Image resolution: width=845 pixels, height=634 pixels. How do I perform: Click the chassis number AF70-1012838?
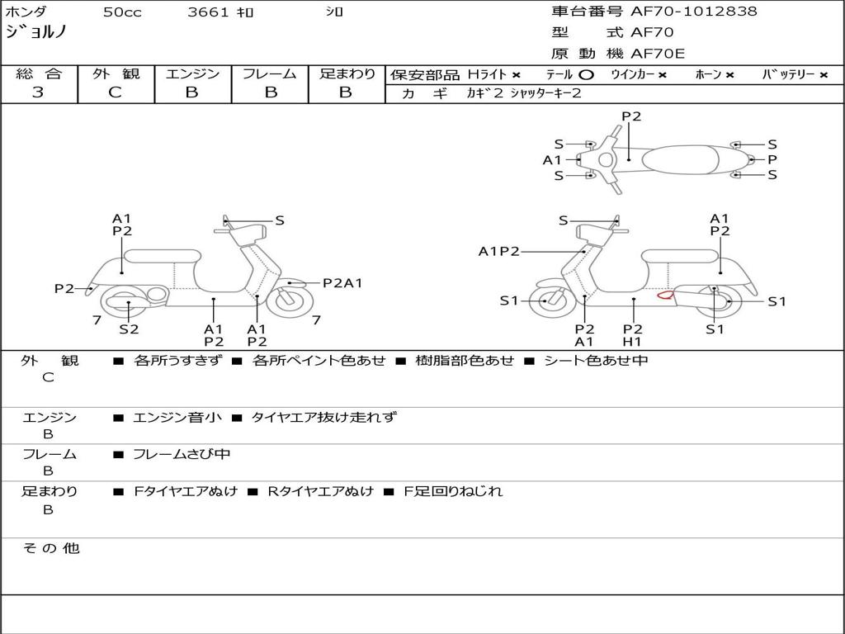coord(693,12)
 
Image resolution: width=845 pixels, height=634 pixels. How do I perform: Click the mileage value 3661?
coord(210,12)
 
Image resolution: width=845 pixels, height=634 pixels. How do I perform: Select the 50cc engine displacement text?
coord(120,12)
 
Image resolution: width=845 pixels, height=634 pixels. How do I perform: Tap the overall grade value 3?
coord(38,92)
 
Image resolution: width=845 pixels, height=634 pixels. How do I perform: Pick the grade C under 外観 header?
coord(116,92)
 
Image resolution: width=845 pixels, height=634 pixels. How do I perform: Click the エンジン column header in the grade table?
coord(192,73)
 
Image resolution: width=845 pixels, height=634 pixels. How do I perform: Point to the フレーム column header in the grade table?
coord(270,73)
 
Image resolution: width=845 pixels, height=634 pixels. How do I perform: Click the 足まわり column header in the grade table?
coord(347,73)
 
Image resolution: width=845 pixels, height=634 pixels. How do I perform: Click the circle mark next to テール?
coord(586,74)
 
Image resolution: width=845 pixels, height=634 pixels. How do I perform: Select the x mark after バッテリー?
coord(824,74)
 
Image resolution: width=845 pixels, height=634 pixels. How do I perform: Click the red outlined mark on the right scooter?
coord(664,294)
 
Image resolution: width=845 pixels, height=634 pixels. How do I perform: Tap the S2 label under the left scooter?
coord(129,329)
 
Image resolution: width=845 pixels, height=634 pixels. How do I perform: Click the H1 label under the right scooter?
coord(633,342)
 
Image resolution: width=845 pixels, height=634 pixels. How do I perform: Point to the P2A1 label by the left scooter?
coord(342,283)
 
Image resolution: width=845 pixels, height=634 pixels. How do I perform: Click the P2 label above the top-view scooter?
coord(631,116)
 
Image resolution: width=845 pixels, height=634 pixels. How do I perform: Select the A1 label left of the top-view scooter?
coord(551,160)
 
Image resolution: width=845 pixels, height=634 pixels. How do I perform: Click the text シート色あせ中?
coord(596,361)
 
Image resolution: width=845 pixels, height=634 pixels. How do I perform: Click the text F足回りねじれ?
coord(452,491)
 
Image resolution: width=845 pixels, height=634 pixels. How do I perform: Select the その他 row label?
coord(51,548)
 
